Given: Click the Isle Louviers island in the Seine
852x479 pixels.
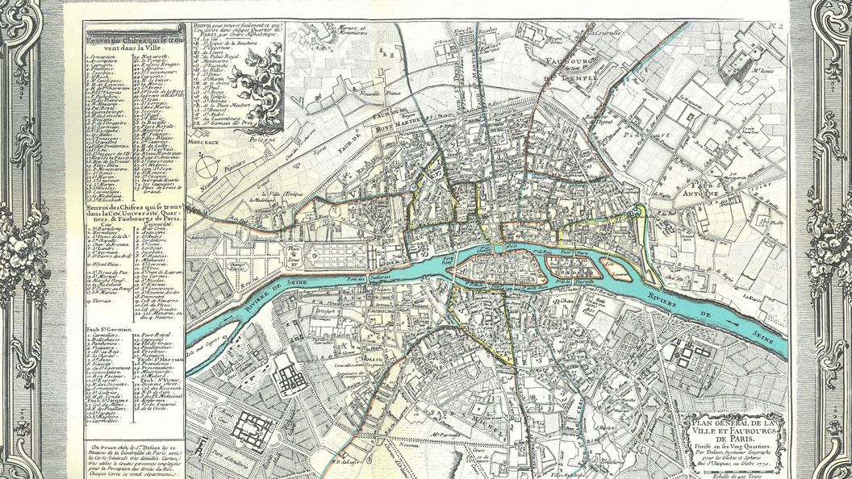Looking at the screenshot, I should tap(623, 266).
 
